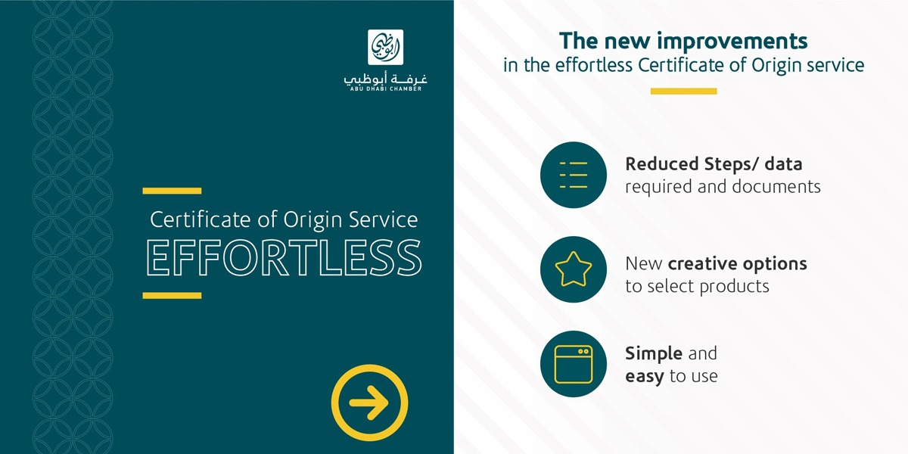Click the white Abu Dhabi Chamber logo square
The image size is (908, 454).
(x=385, y=47)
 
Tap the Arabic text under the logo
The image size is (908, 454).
(x=385, y=78)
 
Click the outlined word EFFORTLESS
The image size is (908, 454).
(x=284, y=258)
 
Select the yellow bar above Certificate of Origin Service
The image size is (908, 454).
(x=172, y=191)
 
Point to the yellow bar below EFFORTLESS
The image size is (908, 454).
(x=172, y=296)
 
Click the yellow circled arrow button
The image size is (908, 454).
(x=369, y=403)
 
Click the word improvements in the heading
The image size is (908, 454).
(x=732, y=42)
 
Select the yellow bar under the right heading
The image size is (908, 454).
(x=683, y=92)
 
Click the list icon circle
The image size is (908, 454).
(x=574, y=175)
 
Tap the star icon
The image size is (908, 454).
(x=574, y=269)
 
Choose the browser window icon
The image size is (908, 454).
(x=574, y=364)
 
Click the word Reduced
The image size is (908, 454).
(x=662, y=164)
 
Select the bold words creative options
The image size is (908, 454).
(x=737, y=264)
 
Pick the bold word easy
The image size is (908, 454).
(x=645, y=377)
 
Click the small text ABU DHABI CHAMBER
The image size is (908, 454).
(x=386, y=89)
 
